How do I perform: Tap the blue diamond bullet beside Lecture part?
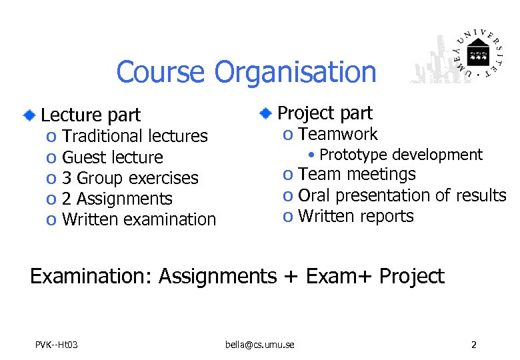[29, 115]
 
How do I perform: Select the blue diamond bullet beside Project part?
[265, 113]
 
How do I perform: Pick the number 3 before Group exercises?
[67, 178]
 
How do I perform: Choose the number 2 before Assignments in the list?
[67, 199]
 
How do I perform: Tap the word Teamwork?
[338, 135]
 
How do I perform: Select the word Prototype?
[353, 155]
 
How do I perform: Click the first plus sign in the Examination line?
[291, 276]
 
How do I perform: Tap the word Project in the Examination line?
[411, 276]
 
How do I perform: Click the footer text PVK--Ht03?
[57, 345]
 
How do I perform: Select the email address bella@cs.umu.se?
[260, 345]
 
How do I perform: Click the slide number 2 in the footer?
[473, 345]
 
